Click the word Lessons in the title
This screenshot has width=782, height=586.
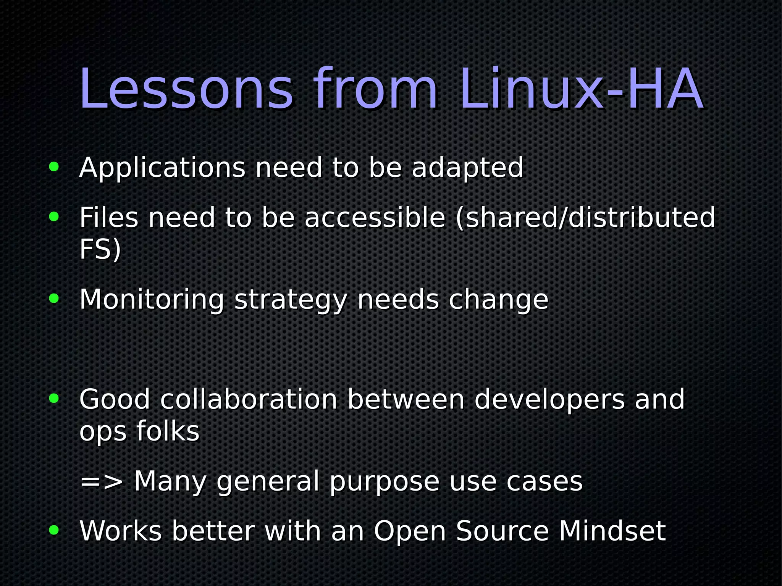(x=186, y=90)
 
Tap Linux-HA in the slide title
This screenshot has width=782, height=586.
(x=581, y=90)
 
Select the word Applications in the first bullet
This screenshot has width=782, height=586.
(x=162, y=168)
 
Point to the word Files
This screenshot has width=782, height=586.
(x=109, y=218)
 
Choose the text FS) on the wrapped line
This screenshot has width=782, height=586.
(x=100, y=250)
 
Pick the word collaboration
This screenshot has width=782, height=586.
(x=249, y=400)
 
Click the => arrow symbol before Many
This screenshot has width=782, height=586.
(x=102, y=482)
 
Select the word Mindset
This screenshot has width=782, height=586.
(x=612, y=531)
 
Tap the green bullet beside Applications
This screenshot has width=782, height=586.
(x=54, y=167)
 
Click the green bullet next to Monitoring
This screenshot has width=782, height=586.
(x=54, y=299)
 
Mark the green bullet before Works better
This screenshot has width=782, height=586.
(x=54, y=530)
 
